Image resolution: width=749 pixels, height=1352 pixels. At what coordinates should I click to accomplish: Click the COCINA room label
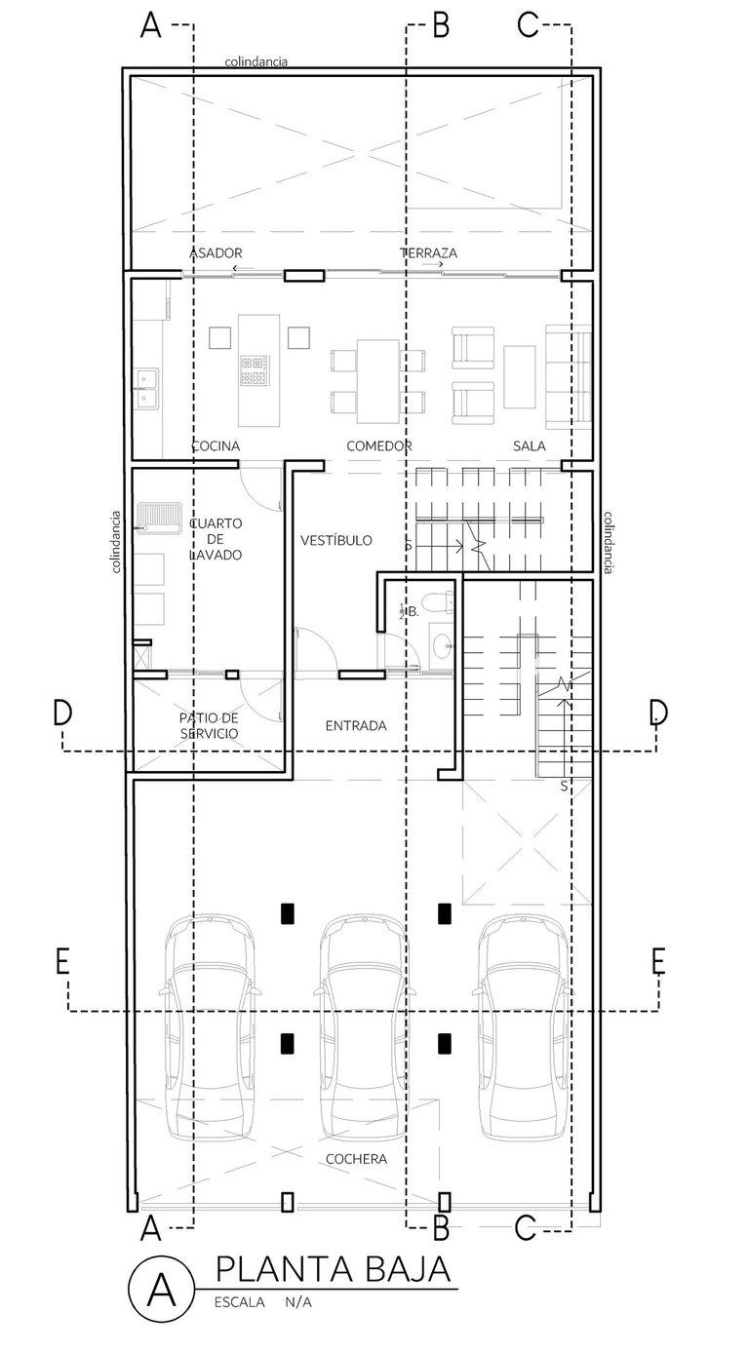[216, 446]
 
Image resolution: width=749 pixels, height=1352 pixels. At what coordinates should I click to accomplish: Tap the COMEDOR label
[379, 446]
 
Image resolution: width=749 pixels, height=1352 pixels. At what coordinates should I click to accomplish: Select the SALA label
[530, 446]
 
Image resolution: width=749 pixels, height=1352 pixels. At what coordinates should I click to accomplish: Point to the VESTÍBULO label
[336, 540]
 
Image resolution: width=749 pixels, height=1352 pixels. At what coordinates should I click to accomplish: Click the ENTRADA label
[356, 725]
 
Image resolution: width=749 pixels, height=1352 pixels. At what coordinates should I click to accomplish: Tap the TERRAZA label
[429, 252]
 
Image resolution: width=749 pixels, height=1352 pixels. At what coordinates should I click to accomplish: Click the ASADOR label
[217, 252]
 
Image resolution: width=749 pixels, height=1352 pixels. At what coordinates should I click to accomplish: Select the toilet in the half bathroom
[439, 602]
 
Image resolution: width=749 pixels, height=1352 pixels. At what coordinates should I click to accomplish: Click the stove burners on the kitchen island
[254, 370]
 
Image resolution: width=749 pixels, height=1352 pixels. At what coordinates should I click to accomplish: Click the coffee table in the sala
[520, 378]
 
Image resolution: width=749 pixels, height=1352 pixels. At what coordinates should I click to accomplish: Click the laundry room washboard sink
[159, 518]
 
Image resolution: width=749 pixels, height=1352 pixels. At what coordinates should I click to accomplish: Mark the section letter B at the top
[442, 26]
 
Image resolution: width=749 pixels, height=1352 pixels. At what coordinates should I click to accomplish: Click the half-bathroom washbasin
[444, 645]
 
